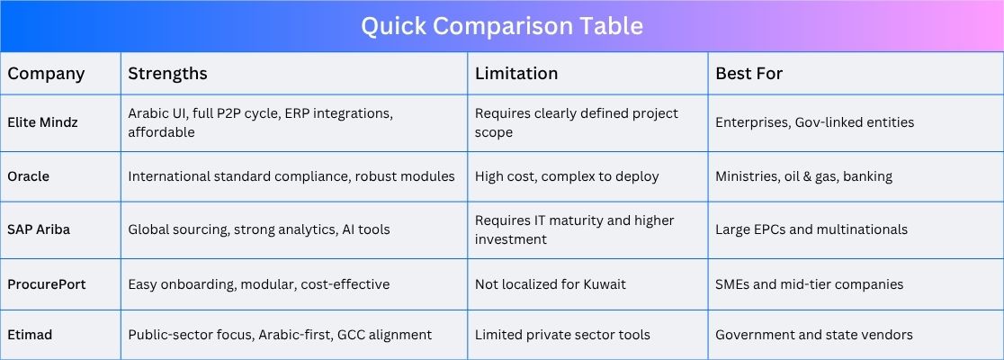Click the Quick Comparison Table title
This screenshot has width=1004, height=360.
tap(502, 26)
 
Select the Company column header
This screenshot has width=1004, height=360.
tap(46, 74)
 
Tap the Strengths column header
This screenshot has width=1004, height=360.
tap(167, 74)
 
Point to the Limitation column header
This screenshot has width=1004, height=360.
tap(516, 74)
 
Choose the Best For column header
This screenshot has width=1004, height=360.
tap(749, 74)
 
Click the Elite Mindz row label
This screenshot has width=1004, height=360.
tap(43, 122)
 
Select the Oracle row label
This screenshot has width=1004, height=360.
tap(28, 176)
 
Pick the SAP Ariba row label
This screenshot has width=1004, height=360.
tap(39, 229)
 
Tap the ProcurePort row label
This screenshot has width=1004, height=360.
tap(47, 284)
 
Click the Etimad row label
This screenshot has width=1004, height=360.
tap(30, 335)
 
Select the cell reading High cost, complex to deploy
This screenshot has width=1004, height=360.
tap(567, 176)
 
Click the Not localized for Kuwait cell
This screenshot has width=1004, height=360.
tap(551, 284)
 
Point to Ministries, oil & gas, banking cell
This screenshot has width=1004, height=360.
tap(804, 176)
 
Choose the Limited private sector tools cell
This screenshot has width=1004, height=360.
tap(563, 335)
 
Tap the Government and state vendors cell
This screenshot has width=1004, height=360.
tap(814, 335)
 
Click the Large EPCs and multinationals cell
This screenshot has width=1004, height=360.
tap(811, 229)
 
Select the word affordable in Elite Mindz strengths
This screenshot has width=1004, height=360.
tap(161, 132)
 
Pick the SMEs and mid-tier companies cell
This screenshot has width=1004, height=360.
tap(810, 284)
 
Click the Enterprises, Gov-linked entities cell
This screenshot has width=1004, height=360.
tap(815, 122)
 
